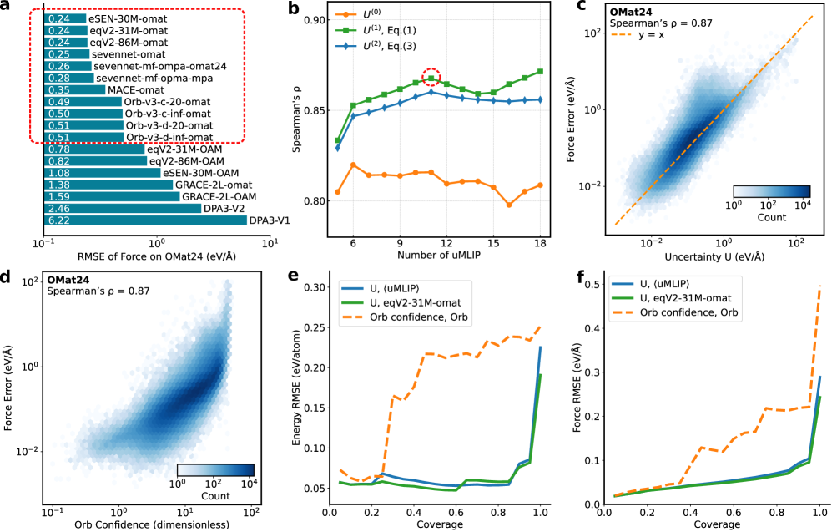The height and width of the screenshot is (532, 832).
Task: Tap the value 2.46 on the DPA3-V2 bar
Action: point(58,208)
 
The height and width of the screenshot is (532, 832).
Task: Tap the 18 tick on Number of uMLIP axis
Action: point(541,241)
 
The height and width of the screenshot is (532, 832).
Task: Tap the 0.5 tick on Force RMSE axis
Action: point(596,284)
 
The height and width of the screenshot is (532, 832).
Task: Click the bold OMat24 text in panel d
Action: point(71,279)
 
